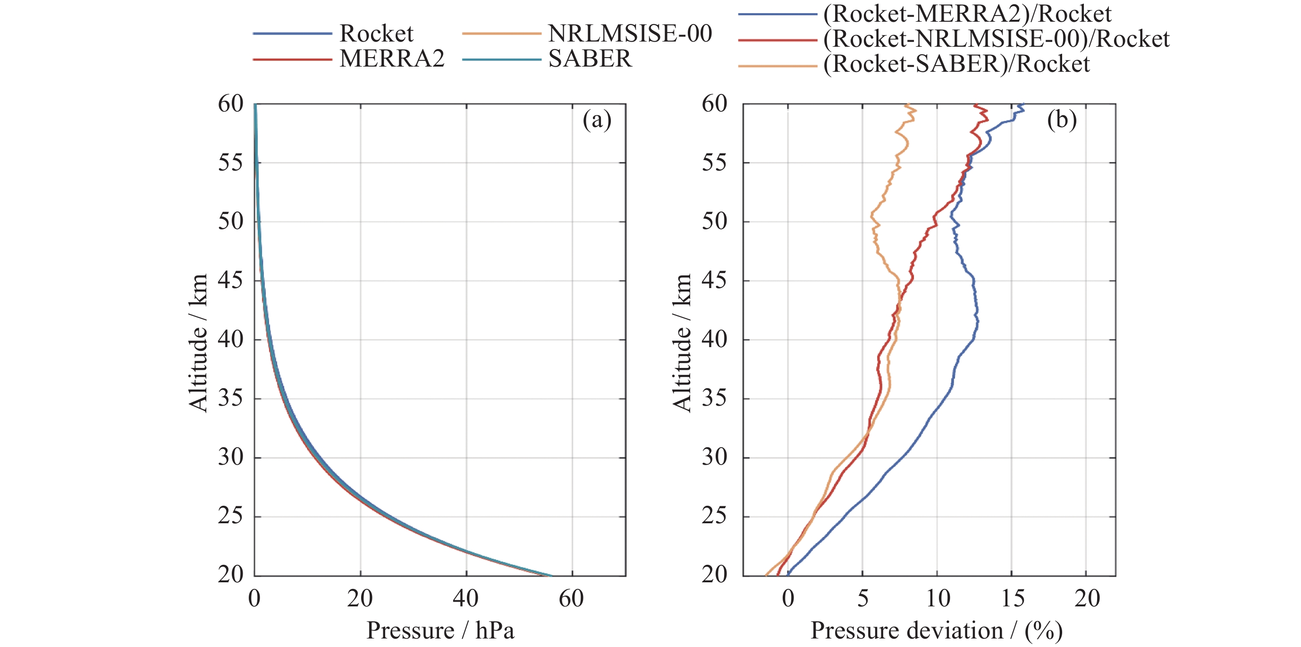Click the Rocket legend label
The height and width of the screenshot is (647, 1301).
[x=376, y=34]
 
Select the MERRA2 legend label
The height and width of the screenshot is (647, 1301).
[x=392, y=59]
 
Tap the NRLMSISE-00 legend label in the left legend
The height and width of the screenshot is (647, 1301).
[x=630, y=34]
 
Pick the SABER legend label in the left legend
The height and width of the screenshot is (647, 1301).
[x=590, y=59]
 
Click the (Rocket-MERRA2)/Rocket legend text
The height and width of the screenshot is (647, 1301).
[x=967, y=14]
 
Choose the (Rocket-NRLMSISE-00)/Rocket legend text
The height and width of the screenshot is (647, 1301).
[x=996, y=39]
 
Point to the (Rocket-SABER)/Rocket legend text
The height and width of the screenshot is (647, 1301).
[x=956, y=64]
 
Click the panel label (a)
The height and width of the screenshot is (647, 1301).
[x=597, y=120]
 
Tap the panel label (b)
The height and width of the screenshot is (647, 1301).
[x=1062, y=120]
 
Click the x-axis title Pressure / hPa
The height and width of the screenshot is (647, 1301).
[x=440, y=631]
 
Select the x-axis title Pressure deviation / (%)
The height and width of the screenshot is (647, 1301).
[x=937, y=631]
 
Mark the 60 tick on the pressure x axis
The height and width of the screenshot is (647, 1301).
[x=571, y=599]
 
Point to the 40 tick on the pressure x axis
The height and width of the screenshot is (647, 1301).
[x=465, y=599]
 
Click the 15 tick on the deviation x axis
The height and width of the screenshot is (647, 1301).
[x=1013, y=599]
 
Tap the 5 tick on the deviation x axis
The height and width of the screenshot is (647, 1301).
[x=863, y=599]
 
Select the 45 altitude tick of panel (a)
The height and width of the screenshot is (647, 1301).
[x=231, y=281]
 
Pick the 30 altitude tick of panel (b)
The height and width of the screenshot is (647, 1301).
[x=715, y=458]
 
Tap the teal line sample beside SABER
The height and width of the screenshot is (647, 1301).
[x=501, y=60]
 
